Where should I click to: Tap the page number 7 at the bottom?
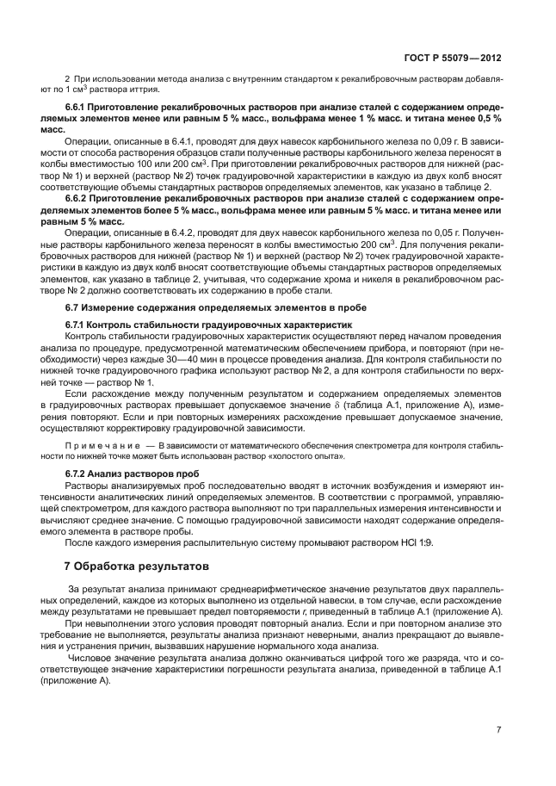[x=499, y=730]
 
